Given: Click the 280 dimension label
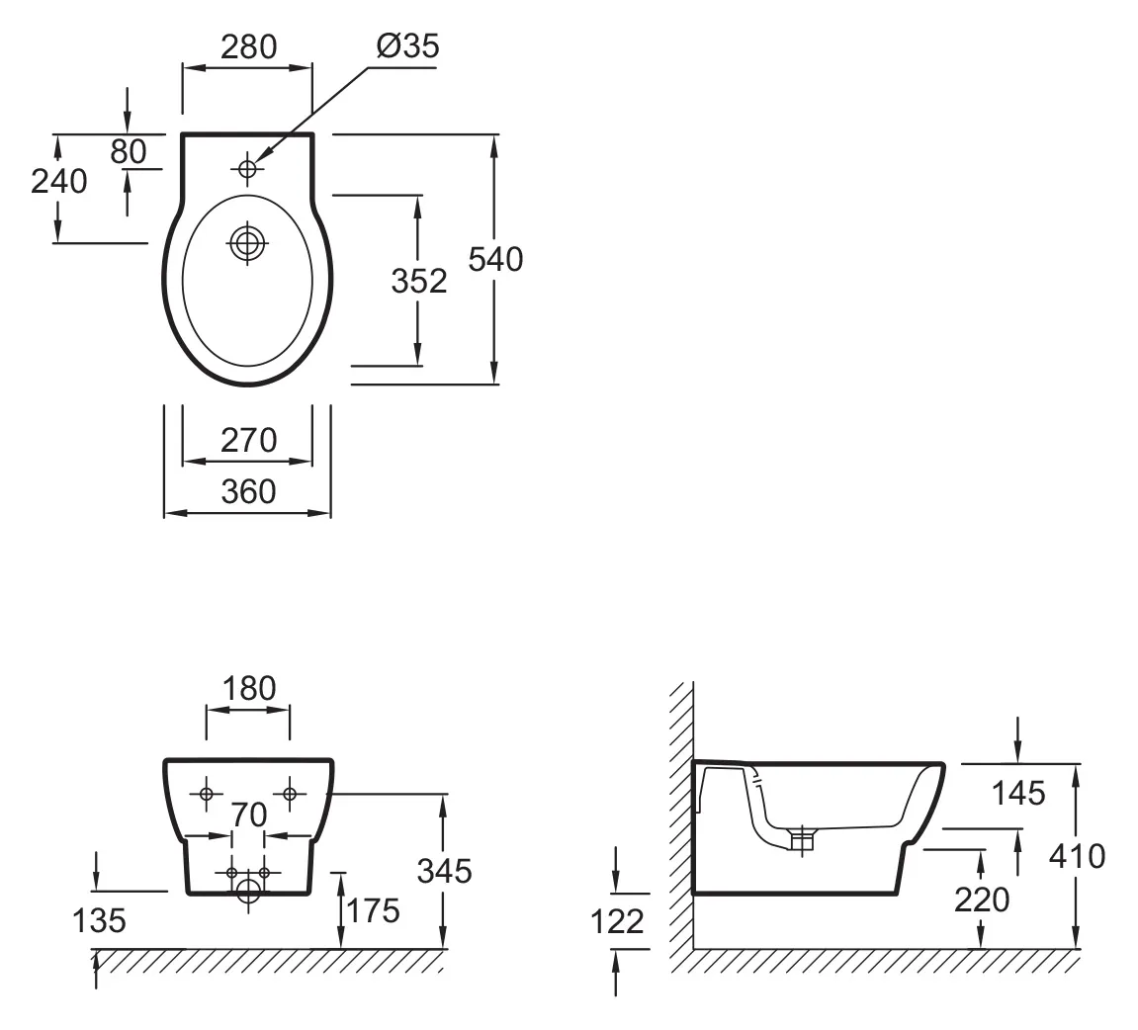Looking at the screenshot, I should click(248, 46).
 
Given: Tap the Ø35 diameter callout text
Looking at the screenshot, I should click(407, 45).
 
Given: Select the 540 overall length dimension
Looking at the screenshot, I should click(495, 259).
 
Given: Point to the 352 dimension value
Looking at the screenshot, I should click(419, 281).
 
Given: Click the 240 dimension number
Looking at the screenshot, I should click(59, 181).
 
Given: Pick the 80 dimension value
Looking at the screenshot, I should click(128, 151).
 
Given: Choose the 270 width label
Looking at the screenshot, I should click(248, 440).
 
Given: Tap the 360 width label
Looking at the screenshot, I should click(248, 491).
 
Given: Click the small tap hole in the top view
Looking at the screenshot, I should click(247, 169).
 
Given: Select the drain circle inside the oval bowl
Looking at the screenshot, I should click(246, 240).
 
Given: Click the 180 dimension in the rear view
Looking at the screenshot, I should click(248, 688).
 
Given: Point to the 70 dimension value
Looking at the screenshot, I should click(249, 815).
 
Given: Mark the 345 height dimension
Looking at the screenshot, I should click(444, 871).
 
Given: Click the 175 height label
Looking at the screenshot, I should click(372, 909).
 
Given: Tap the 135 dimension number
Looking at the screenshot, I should click(100, 921).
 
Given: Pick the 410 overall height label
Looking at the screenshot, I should click(1076, 856).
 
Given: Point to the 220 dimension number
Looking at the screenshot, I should click(982, 899).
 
